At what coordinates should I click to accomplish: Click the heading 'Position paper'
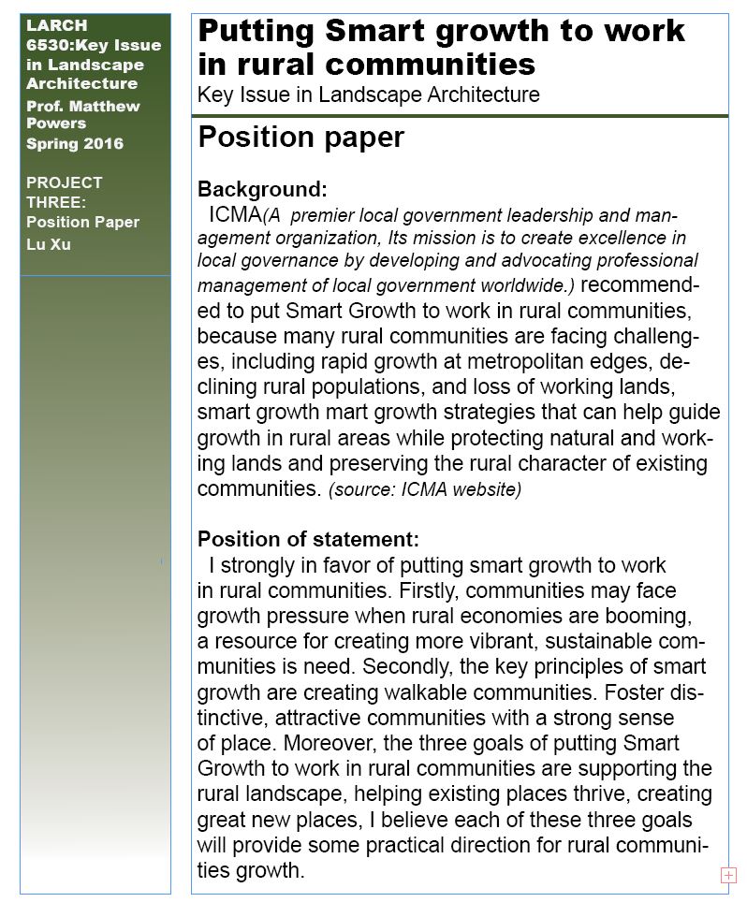tap(300, 138)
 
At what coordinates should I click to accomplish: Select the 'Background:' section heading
tap(262, 190)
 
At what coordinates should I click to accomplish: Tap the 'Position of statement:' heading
tap(308, 540)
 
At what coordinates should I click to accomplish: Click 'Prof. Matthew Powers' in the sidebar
tap(83, 114)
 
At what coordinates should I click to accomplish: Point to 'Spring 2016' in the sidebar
tap(75, 143)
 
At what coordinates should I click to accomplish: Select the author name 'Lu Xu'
tap(49, 244)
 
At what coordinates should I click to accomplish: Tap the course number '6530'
tap(46, 45)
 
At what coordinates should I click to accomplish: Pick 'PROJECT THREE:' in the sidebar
tap(65, 192)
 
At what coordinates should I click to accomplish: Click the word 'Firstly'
tap(429, 591)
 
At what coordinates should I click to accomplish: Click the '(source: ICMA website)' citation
tap(425, 489)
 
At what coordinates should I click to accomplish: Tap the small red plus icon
tap(728, 875)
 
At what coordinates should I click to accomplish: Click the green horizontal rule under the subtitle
tap(460, 116)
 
